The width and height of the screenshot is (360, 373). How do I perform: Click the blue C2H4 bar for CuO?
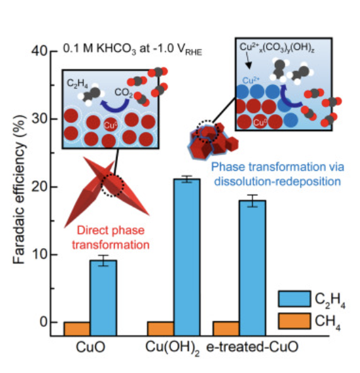[103, 298]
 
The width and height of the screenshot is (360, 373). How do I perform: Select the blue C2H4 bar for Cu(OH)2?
[187, 257]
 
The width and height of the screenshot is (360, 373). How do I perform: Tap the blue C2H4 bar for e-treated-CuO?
[253, 268]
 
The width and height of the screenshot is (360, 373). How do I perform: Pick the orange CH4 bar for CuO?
[77, 329]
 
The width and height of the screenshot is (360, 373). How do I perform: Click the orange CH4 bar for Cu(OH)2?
[161, 329]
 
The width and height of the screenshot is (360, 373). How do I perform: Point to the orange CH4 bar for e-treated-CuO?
[226, 328]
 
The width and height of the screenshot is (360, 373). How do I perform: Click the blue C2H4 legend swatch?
[294, 299]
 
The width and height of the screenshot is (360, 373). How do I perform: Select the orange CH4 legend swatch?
[294, 321]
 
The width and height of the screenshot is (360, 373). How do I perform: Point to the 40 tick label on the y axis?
[40, 50]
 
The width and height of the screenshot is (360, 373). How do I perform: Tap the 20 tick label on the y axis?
[40, 186]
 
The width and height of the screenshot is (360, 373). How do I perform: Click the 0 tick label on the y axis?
[44, 322]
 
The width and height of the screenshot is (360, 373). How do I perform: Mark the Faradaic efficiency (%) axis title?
[19, 189]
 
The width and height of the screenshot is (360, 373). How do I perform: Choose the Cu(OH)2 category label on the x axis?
[172, 348]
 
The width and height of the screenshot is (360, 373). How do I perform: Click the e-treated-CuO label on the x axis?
[252, 347]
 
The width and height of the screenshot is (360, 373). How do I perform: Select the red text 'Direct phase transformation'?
[111, 238]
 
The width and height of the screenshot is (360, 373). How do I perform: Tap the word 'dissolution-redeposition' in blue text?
[277, 181]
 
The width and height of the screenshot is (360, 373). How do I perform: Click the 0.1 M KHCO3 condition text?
[132, 49]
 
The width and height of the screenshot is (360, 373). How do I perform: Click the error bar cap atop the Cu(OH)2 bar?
[187, 176]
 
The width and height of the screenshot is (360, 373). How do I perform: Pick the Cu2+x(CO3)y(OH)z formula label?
[277, 47]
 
